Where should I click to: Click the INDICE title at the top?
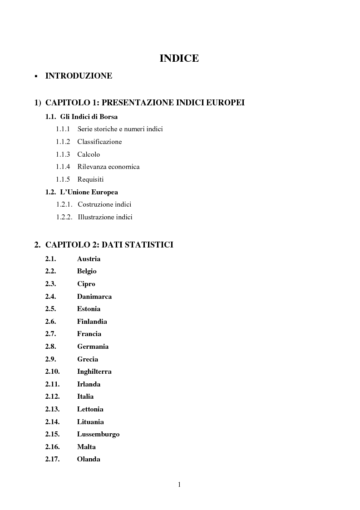coord(179,58)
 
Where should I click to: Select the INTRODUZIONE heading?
coord(79,76)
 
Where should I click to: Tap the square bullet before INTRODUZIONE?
coord(36,76)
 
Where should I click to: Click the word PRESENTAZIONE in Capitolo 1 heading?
coord(148,103)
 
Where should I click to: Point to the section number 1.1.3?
coord(63,154)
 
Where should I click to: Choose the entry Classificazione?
coord(99,142)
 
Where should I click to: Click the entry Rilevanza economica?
coord(108,167)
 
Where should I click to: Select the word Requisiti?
coord(91,179)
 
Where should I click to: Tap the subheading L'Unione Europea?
coord(89,192)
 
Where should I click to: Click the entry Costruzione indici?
coord(104,204)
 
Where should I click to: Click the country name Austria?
coord(89,259)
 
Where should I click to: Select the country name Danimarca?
coord(94,297)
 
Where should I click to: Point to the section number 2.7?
coord(50,334)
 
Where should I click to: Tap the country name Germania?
coord(93,347)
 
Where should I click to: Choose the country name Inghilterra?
coord(94,371)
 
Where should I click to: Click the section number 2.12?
coord(52,396)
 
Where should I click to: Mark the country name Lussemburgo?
coord(98,434)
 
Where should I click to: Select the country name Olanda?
coord(89,459)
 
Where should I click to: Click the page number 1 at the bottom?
coord(179,485)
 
